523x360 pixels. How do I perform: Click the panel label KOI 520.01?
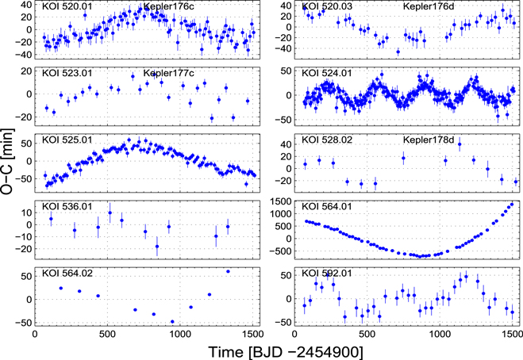(x=65, y=7)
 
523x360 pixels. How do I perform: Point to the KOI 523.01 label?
(x=65, y=74)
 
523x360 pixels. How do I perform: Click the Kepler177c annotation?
(x=168, y=74)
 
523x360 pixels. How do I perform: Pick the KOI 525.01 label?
(x=65, y=140)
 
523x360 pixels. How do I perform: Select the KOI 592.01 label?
(x=325, y=274)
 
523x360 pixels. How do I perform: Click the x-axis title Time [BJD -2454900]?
(x=275, y=349)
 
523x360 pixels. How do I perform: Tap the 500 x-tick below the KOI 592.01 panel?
(x=367, y=335)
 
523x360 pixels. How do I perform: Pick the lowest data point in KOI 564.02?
(x=172, y=321)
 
